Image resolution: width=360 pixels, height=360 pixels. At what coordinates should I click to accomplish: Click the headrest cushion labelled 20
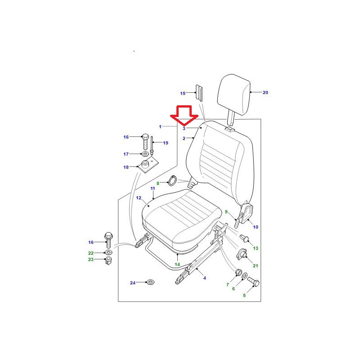coord(234,94)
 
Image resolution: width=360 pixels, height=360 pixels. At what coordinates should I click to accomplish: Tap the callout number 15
coord(183,94)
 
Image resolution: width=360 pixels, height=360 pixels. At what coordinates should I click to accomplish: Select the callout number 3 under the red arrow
coord(184,129)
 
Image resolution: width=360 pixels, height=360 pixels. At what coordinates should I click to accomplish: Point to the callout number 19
coord(166,143)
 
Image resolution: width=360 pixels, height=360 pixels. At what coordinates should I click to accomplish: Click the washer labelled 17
coord(145,153)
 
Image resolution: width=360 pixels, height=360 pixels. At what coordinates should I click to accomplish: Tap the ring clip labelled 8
coord(173,181)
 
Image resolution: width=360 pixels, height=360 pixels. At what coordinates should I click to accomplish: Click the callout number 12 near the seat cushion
coord(139,198)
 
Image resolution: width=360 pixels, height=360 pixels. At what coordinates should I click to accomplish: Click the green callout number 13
coord(256,248)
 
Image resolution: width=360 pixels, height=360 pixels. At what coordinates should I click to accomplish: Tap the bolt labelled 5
coord(253,282)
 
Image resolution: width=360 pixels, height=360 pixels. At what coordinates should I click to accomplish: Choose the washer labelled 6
coord(245,275)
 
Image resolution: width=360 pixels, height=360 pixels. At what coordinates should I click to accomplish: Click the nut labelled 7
coord(238,272)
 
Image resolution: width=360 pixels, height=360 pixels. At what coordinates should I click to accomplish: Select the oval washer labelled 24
coord(150,282)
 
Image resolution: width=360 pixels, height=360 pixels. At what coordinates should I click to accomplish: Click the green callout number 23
coord(91,260)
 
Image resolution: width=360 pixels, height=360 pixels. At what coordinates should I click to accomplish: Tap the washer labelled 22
coord(108,252)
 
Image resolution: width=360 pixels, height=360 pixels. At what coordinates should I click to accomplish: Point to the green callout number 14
coord(177,265)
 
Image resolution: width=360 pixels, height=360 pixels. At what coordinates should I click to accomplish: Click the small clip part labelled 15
coord(199,93)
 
